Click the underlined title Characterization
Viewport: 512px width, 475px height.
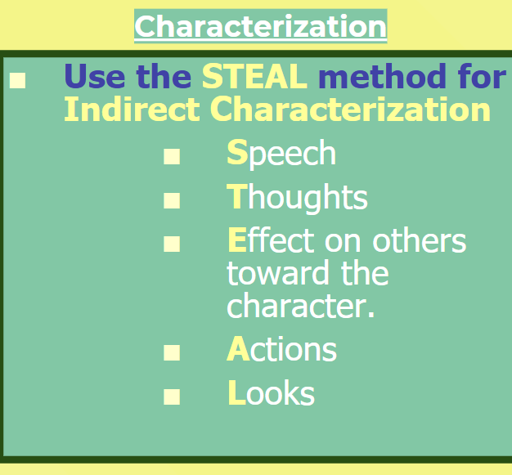click(x=261, y=27)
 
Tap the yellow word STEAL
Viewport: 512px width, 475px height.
click(x=254, y=76)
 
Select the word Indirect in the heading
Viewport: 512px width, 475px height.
click(x=132, y=109)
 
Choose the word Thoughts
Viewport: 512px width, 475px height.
click(x=297, y=198)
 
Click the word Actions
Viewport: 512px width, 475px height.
click(x=281, y=348)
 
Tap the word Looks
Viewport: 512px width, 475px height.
click(x=271, y=392)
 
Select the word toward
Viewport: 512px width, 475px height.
click(x=278, y=273)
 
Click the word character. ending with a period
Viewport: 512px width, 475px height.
click(x=300, y=305)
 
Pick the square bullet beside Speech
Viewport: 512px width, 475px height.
click(x=172, y=156)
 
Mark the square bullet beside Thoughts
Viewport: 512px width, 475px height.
click(x=172, y=200)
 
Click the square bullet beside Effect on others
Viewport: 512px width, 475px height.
click(x=172, y=244)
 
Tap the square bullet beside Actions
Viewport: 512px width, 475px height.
click(x=172, y=352)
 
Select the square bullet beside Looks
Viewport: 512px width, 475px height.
click(x=172, y=397)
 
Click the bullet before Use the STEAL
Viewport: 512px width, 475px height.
click(x=18, y=80)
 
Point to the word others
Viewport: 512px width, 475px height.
click(x=420, y=240)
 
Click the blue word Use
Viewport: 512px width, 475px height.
click(x=95, y=76)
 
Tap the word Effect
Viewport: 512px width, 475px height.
click(x=271, y=240)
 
